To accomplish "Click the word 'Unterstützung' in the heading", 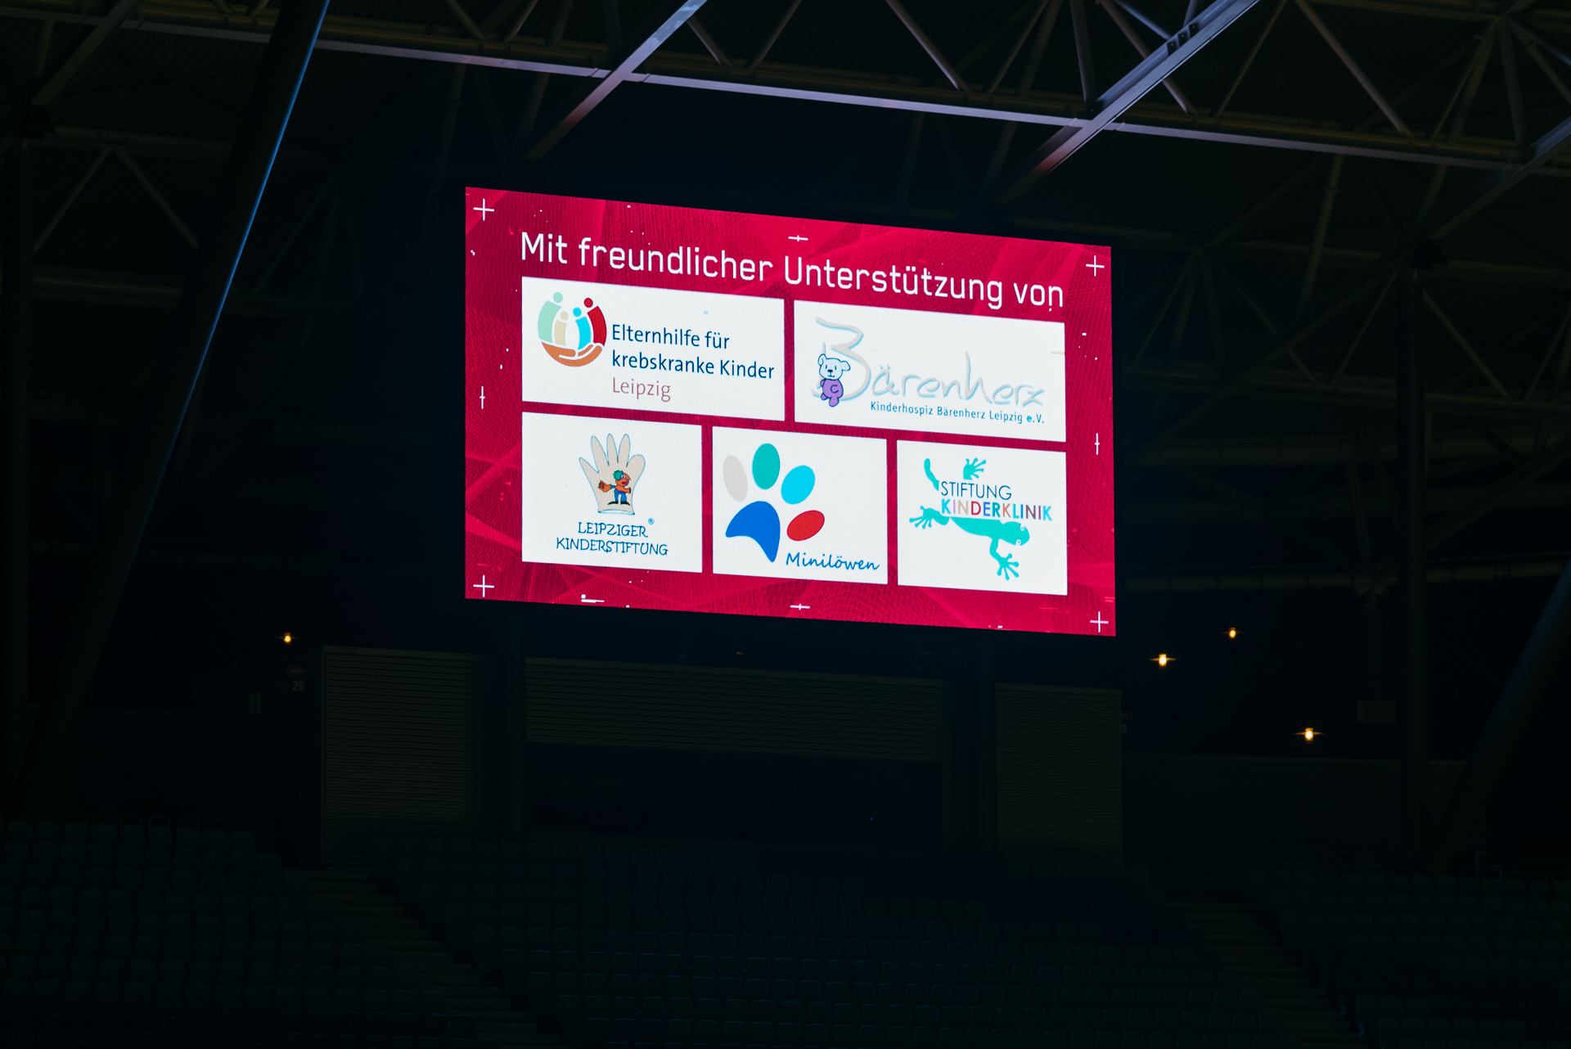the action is click(x=893, y=279).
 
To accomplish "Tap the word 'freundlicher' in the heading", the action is click(x=675, y=257).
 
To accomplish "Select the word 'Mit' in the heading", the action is click(x=544, y=249).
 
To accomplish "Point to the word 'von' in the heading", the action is click(x=1038, y=293).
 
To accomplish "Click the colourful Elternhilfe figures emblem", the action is click(x=571, y=330).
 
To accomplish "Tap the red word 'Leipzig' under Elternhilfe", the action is click(x=641, y=388).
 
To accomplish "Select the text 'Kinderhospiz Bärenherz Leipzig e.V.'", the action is click(x=957, y=412).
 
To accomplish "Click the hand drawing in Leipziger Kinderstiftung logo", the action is click(x=613, y=473).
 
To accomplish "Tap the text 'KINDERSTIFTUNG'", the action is click(x=611, y=547).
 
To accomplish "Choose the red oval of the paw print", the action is click(x=805, y=525).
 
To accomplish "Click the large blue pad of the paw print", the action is click(x=754, y=529).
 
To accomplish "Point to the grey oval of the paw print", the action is click(x=735, y=478).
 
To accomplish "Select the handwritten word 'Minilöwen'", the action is click(x=831, y=561).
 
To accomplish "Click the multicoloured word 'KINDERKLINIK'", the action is click(x=996, y=510).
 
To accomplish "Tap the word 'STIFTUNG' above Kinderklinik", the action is click(x=975, y=490).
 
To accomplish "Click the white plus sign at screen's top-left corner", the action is click(x=484, y=210).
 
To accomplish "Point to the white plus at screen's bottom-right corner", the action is click(x=1099, y=623).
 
